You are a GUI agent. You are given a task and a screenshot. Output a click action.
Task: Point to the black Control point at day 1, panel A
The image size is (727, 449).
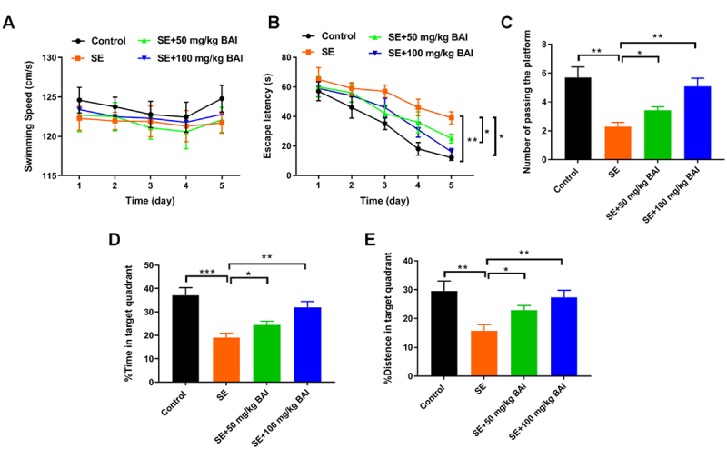(x=79, y=100)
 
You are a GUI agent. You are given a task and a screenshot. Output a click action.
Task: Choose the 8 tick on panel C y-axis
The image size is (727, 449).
(x=543, y=44)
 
